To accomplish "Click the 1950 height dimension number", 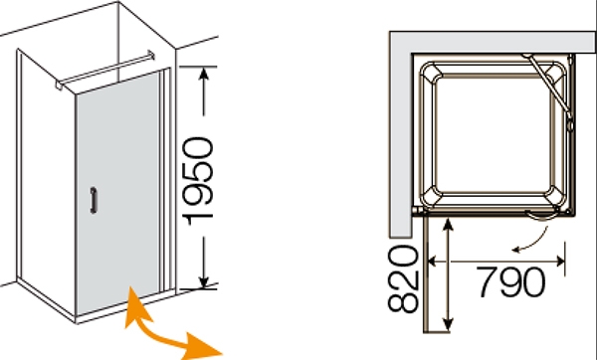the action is click(x=198, y=181).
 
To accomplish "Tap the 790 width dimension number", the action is click(x=510, y=282).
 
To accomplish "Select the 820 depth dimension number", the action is click(x=403, y=278).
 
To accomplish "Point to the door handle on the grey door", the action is click(x=94, y=200).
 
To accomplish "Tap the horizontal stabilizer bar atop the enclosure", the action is click(x=105, y=70).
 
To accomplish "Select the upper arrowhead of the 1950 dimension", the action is click(x=204, y=75).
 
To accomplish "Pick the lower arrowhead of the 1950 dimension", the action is click(x=204, y=281).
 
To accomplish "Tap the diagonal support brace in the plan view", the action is click(x=547, y=86).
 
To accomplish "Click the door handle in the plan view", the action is click(x=541, y=216).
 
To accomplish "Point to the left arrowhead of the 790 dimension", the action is click(x=432, y=262).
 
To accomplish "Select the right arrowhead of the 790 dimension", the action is click(x=560, y=262).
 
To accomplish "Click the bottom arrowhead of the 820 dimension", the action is click(x=449, y=324).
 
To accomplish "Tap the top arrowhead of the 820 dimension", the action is click(x=449, y=224).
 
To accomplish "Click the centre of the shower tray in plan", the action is click(x=494, y=134).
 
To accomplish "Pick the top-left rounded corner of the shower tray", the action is click(x=429, y=72).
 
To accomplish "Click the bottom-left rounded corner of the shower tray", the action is click(x=429, y=198).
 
